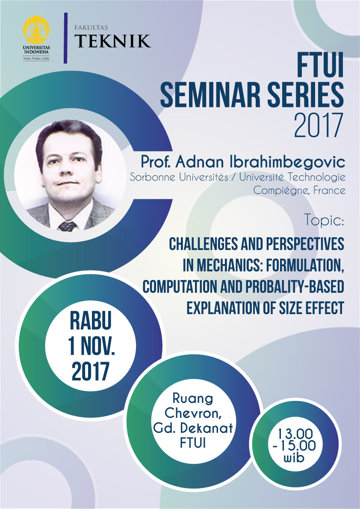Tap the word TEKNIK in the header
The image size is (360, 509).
pyautogui.click(x=112, y=41)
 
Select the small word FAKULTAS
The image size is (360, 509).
pyautogui.click(x=91, y=28)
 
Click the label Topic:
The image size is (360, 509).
pyautogui.click(x=324, y=221)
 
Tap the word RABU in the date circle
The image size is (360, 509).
pyautogui.click(x=91, y=321)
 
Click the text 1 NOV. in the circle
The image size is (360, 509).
pyautogui.click(x=91, y=346)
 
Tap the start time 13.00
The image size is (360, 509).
pyautogui.click(x=295, y=434)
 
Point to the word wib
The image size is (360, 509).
pyautogui.click(x=295, y=459)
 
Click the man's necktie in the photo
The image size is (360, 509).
pyautogui.click(x=68, y=226)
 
